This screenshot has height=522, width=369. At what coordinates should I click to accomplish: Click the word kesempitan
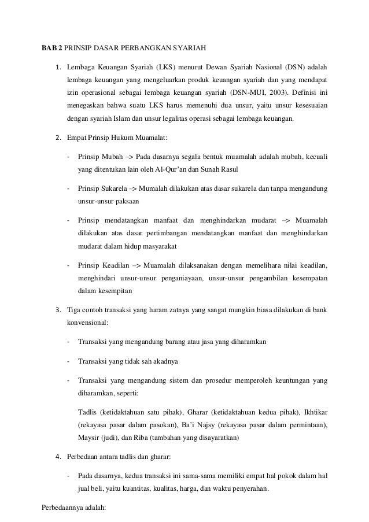pos(115,292)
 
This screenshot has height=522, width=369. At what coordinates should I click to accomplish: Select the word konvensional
pos(88,324)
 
